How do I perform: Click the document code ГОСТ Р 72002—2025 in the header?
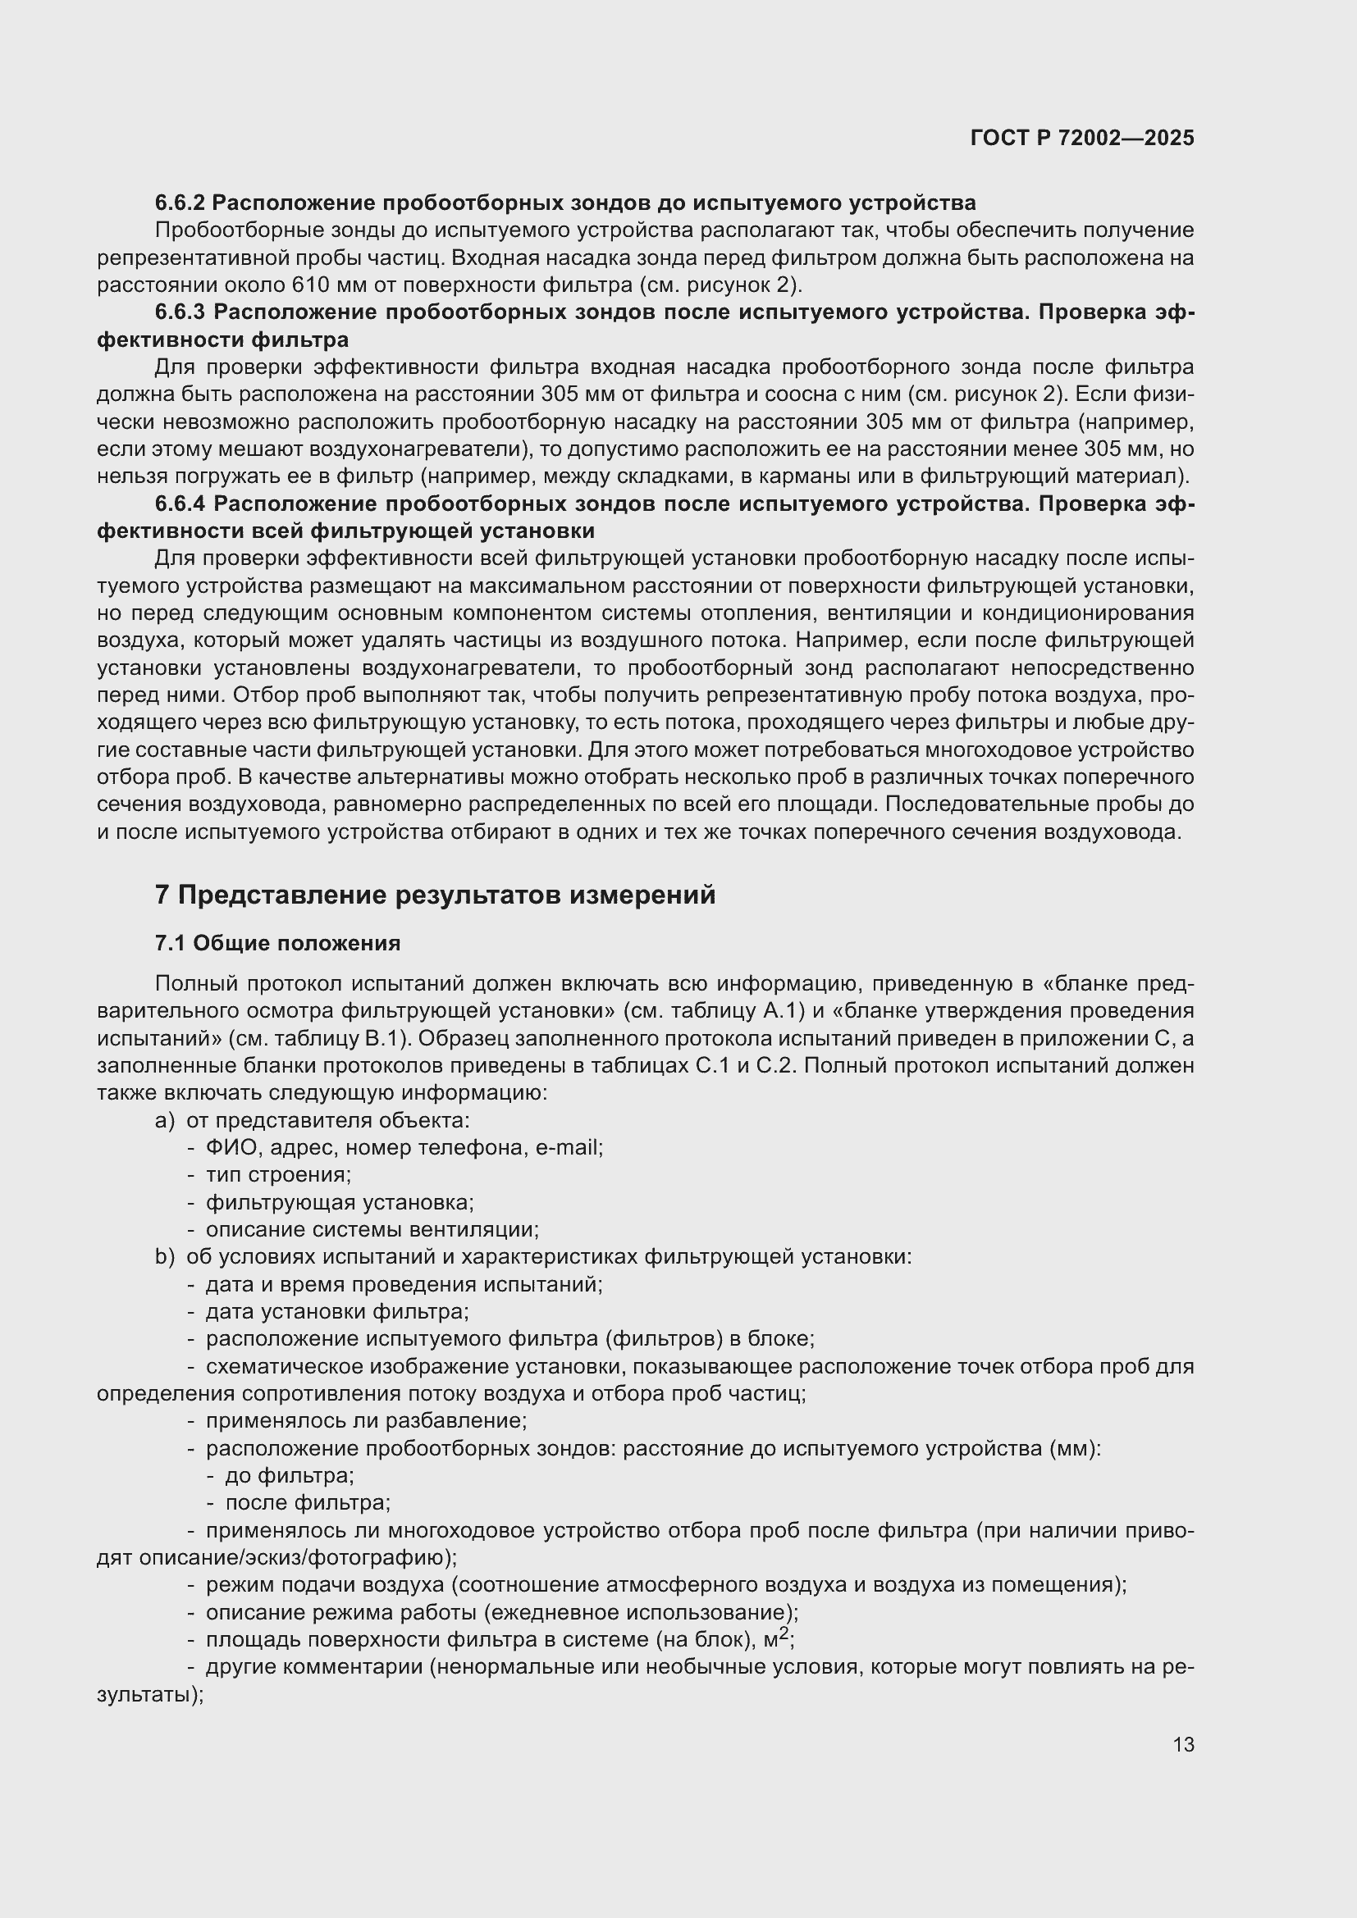pyautogui.click(x=1082, y=138)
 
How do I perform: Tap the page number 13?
pyautogui.click(x=1183, y=1744)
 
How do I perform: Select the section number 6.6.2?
pyautogui.click(x=180, y=203)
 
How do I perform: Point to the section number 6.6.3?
pyautogui.click(x=180, y=312)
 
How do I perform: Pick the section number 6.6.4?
pyautogui.click(x=180, y=503)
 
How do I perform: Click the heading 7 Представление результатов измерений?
pyautogui.click(x=435, y=895)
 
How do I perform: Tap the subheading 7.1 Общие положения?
pyautogui.click(x=277, y=943)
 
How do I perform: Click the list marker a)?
pyautogui.click(x=165, y=1120)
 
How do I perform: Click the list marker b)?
pyautogui.click(x=165, y=1256)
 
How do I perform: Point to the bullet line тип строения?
pyautogui.click(x=278, y=1174)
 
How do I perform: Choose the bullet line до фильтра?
pyautogui.click(x=289, y=1475)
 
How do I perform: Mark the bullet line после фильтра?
pyautogui.click(x=308, y=1503)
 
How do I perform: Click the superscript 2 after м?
pyautogui.click(x=784, y=1635)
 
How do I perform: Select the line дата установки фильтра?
pyautogui.click(x=336, y=1311)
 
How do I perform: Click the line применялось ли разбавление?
pyautogui.click(x=366, y=1420)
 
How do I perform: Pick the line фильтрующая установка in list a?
pyautogui.click(x=340, y=1202)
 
